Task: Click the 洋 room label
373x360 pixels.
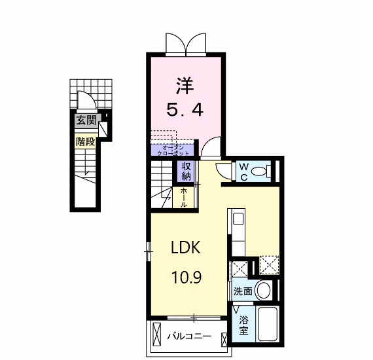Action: (x=184, y=86)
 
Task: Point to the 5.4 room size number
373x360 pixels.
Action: (x=184, y=109)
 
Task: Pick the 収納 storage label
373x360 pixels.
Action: (x=186, y=171)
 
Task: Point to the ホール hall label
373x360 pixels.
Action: (x=184, y=196)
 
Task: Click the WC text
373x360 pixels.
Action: (x=243, y=171)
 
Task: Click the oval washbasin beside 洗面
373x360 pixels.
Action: (x=264, y=290)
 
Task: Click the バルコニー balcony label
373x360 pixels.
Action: (x=188, y=336)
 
